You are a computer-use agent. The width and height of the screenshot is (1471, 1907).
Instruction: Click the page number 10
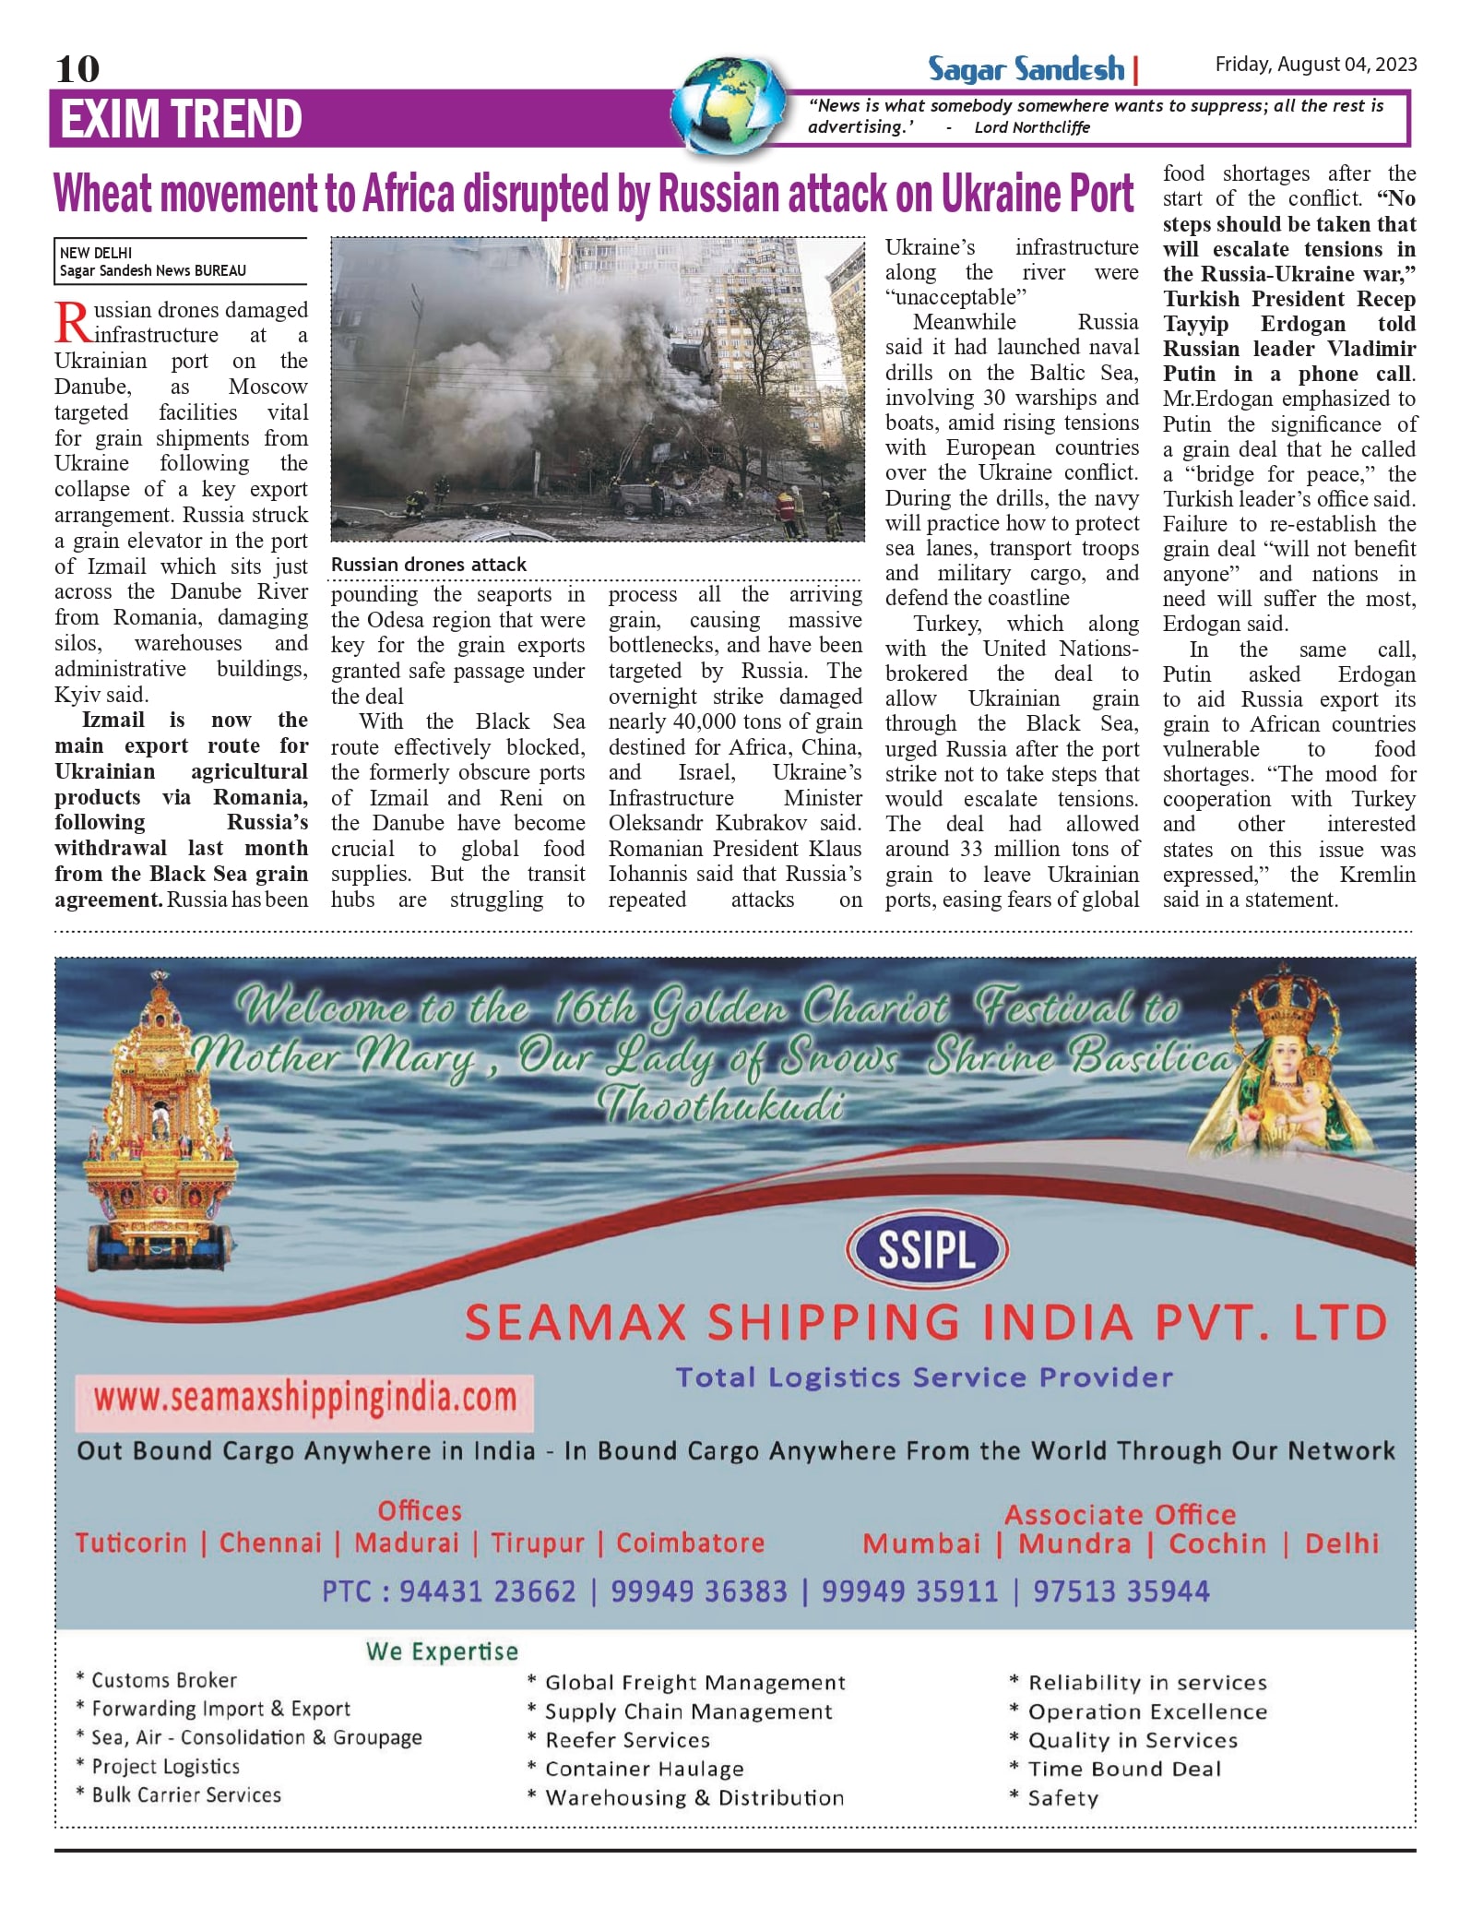click(77, 69)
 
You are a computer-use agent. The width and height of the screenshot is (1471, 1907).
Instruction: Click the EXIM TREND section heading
click(182, 119)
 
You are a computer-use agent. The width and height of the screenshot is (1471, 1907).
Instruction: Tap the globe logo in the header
click(730, 105)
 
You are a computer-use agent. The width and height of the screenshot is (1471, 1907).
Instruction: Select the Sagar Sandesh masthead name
click(1026, 69)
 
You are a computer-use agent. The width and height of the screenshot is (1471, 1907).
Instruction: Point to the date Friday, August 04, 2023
click(1315, 65)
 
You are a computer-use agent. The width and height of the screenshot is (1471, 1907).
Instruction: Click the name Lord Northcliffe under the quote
click(1032, 127)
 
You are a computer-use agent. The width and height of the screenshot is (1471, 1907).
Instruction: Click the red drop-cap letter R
click(72, 322)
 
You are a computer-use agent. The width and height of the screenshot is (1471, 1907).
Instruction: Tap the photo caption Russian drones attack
click(429, 565)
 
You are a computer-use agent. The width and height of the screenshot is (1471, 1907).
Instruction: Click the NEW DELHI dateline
click(96, 253)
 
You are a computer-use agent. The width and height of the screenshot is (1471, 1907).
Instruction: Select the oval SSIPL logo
click(927, 1250)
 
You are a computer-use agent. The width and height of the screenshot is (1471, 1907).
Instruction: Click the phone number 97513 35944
click(1121, 1591)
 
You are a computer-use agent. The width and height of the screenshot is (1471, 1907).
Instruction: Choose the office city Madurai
click(407, 1543)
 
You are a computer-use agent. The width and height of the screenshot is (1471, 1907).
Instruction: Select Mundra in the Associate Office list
click(1074, 1543)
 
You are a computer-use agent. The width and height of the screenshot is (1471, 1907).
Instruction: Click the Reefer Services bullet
click(627, 1740)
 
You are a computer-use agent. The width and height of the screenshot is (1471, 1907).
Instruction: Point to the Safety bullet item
click(1062, 1798)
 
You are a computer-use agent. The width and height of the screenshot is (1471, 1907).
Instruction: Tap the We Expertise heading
click(442, 1651)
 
